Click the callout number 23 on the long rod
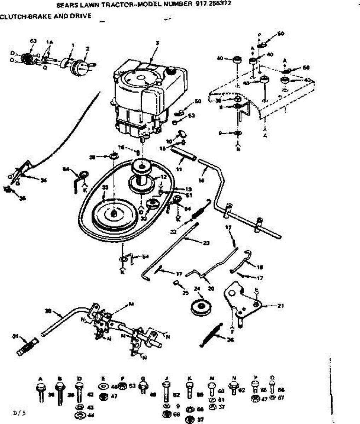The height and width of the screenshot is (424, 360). (206, 243)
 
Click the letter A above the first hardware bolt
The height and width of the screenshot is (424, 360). (40, 379)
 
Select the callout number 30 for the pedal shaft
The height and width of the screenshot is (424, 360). (48, 311)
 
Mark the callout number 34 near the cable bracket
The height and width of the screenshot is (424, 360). (44, 181)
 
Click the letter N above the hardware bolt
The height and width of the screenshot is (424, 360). (234, 378)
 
